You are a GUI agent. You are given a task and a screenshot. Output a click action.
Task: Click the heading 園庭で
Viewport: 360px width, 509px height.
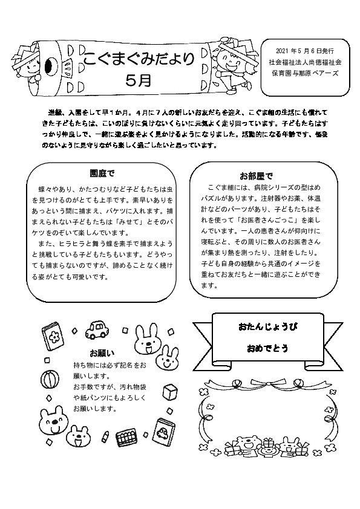pyautogui.click(x=102, y=173)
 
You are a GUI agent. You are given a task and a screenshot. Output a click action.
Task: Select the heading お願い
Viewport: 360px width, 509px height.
pyautogui.click(x=102, y=352)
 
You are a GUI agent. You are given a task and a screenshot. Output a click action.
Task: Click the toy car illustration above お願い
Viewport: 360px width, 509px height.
pyautogui.click(x=97, y=330)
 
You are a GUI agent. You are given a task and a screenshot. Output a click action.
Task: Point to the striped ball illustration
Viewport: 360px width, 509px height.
pyautogui.click(x=49, y=380)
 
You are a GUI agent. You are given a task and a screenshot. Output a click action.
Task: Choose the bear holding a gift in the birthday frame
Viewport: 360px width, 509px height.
pyautogui.click(x=245, y=446)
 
